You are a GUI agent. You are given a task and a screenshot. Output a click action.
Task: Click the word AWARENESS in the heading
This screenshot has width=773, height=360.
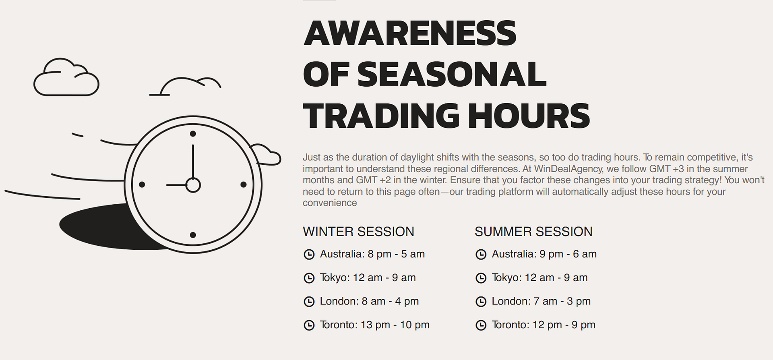(x=410, y=33)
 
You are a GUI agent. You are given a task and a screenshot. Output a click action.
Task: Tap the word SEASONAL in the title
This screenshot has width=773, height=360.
(x=452, y=74)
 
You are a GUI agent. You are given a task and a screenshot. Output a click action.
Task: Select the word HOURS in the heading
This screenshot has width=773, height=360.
(x=529, y=116)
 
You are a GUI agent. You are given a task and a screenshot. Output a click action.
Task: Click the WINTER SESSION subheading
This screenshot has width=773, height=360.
(x=358, y=232)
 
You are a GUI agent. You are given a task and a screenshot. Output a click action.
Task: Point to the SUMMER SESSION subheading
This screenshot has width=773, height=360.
(x=533, y=232)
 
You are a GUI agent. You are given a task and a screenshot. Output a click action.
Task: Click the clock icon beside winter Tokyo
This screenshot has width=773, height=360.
(x=309, y=278)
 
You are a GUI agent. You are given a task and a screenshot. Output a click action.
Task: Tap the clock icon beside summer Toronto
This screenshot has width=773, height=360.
(x=481, y=325)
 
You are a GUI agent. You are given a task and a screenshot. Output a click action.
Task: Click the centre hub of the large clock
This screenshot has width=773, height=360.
(x=193, y=185)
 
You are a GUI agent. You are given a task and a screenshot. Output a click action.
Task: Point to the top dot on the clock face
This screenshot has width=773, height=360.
(x=193, y=134)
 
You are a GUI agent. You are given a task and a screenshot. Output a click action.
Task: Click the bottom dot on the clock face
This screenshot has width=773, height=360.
(x=193, y=235)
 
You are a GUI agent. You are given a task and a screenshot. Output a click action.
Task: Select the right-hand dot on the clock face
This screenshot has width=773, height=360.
(x=243, y=184)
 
